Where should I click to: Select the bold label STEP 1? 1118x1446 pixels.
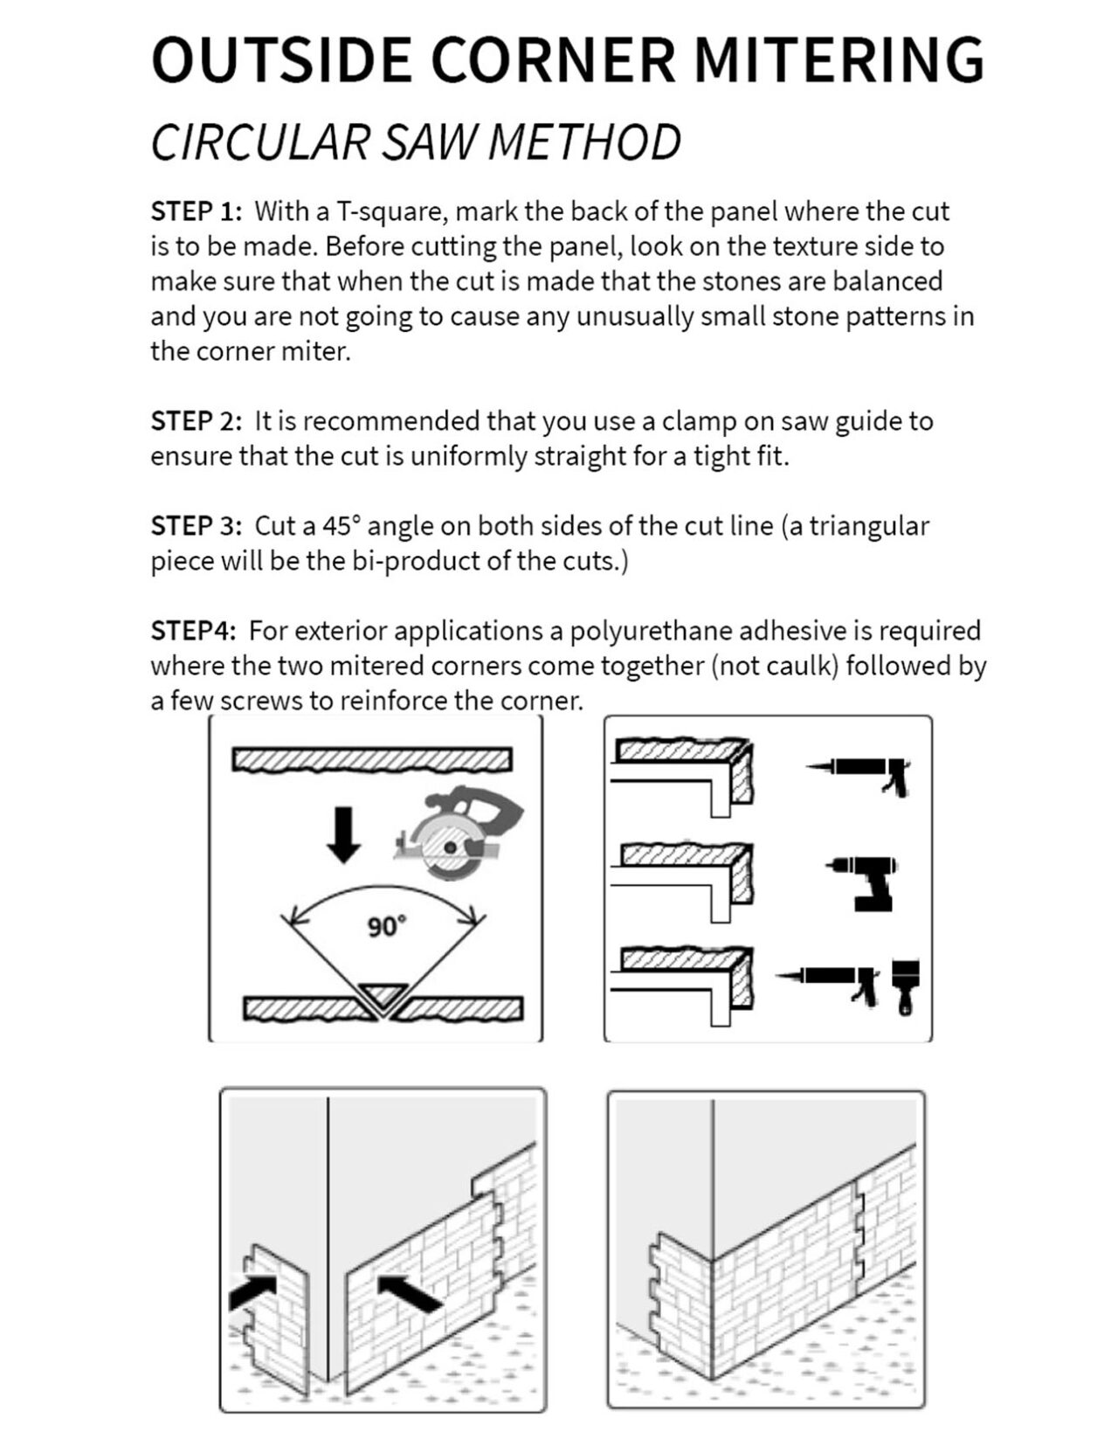tap(196, 211)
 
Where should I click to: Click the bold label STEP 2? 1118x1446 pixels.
tap(196, 421)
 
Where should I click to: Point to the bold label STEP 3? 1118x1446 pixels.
tap(196, 526)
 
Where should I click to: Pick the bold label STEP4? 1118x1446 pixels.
tap(193, 631)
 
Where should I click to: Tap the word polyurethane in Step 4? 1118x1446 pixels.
tap(652, 631)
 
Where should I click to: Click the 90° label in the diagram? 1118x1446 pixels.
tap(386, 926)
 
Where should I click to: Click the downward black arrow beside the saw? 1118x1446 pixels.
tap(343, 834)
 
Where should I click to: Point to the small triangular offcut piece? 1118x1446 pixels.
tap(381, 993)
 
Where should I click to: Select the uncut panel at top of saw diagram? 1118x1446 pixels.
tap(372, 759)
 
